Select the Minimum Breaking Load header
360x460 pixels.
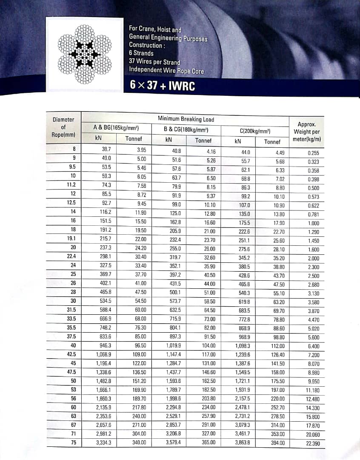point(186,119)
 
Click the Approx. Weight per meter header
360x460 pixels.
point(306,132)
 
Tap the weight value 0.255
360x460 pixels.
point(313,153)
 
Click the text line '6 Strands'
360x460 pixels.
point(141,53)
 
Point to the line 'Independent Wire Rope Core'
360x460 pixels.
point(166,70)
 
